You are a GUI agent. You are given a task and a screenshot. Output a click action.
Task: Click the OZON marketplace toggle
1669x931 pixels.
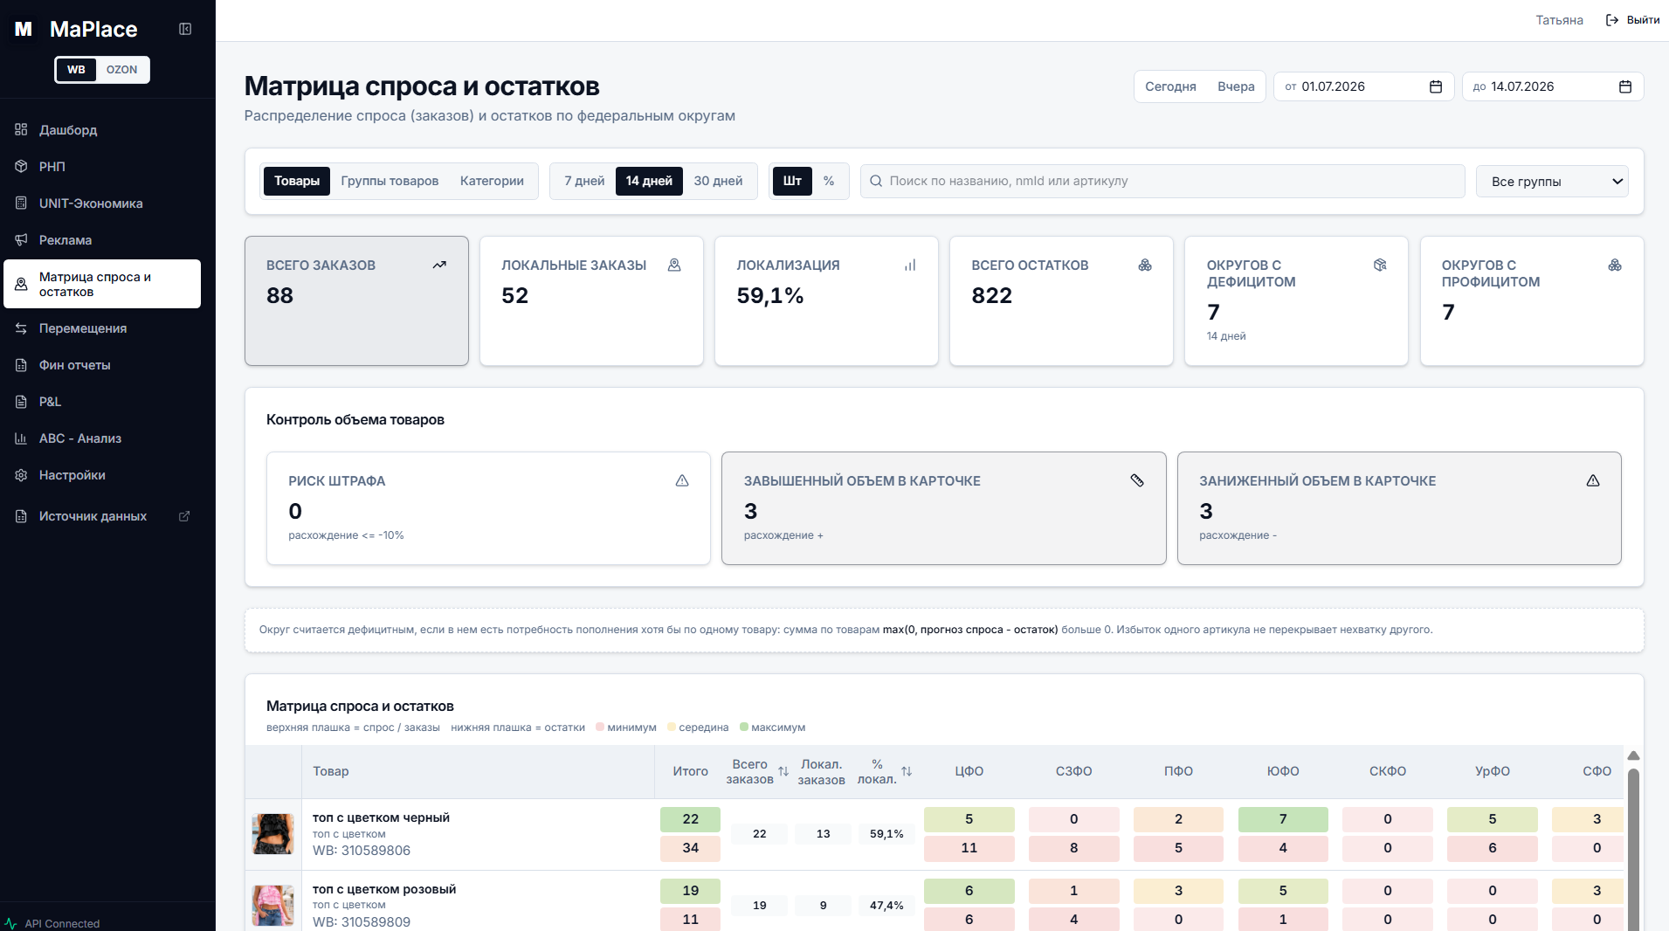tap(121, 70)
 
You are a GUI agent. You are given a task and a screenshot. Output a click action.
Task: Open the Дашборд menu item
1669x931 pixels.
tap(67, 130)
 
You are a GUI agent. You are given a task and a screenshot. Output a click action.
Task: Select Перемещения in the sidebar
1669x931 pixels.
tap(82, 328)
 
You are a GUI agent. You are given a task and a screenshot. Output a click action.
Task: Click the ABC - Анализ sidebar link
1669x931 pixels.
tap(79, 438)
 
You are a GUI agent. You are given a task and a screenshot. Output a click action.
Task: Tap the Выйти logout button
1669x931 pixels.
tap(1632, 20)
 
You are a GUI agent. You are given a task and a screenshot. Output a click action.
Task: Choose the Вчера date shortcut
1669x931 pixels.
tap(1236, 86)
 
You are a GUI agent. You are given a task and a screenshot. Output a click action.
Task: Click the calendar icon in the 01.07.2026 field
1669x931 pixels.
tap(1436, 86)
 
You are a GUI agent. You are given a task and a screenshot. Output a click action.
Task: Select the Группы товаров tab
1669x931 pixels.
tap(390, 181)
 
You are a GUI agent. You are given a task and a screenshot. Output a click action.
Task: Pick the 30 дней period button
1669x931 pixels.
tap(718, 181)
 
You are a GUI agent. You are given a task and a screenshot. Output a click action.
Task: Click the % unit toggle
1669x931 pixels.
tap(829, 181)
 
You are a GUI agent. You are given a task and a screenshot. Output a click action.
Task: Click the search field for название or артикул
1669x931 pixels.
tap(1162, 181)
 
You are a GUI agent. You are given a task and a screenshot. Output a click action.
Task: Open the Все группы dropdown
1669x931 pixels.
tap(1552, 182)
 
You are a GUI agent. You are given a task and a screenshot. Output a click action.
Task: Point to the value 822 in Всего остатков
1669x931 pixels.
tap(992, 296)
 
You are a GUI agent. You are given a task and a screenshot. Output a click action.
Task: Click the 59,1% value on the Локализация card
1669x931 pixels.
tap(770, 296)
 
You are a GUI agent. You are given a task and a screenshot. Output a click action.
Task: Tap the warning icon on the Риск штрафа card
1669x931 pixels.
tap(682, 480)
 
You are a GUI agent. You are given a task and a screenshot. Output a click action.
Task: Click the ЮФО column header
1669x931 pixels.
tap(1283, 771)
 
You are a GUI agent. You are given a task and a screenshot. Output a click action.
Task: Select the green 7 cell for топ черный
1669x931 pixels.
tap(1283, 819)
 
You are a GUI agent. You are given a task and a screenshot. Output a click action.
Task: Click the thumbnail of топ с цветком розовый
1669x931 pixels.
tap(273, 906)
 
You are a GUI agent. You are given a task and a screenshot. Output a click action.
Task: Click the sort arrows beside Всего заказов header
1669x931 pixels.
tap(783, 771)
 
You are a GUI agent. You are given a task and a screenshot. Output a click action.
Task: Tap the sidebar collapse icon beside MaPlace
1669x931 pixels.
tap(185, 29)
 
